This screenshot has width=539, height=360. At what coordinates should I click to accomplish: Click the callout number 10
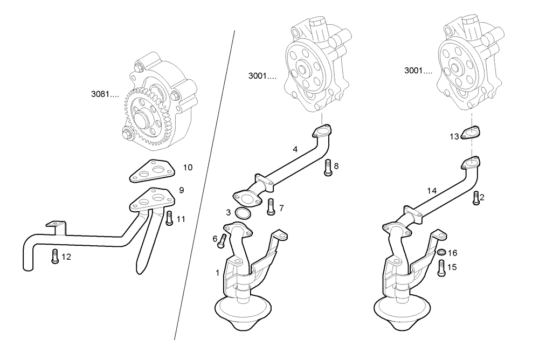(188, 168)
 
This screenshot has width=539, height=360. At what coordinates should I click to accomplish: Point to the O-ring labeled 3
(244, 214)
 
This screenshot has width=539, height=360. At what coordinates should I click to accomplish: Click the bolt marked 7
(271, 206)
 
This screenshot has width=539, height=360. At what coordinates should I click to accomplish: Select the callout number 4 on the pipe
(295, 149)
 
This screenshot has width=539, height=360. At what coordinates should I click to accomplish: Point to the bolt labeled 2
(475, 197)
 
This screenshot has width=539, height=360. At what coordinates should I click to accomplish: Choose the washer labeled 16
(440, 252)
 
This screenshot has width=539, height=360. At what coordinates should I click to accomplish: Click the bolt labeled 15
(441, 267)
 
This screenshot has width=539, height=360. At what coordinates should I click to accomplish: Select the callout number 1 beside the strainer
(218, 273)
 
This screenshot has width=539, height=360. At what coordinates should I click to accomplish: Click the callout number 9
(182, 190)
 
